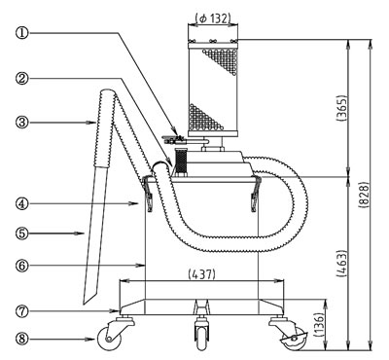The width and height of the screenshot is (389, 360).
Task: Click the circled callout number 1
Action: coord(21,33)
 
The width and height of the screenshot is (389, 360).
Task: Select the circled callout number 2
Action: coord(21,78)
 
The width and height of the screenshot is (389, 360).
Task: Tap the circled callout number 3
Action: coord(21,123)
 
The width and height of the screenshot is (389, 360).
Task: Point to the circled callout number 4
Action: coord(21,203)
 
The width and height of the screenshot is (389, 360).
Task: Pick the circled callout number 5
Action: coord(21,233)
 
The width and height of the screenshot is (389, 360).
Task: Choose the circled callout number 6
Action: coord(21,266)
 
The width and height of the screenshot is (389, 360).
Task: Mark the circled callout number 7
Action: coord(21,311)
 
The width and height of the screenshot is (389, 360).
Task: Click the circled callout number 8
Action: coord(21,340)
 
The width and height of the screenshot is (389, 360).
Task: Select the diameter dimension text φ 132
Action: coord(213,18)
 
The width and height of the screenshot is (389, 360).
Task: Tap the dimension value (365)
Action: coord(341,108)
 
